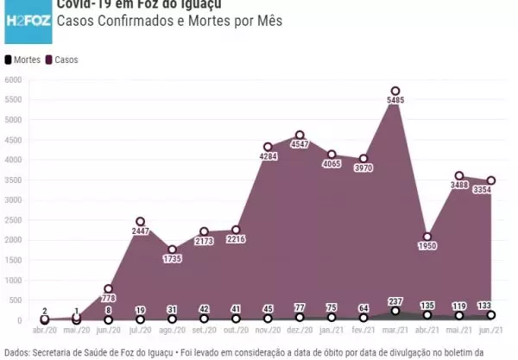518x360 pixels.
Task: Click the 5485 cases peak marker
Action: coord(395,91)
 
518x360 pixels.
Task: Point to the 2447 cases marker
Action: coord(140,221)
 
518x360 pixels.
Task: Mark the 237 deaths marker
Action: coord(395,311)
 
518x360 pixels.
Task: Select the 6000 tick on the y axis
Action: coord(12,79)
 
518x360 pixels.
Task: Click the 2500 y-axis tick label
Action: coord(12,220)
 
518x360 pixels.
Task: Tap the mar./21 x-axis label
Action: coord(395,331)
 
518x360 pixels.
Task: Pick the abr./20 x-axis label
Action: coord(45,331)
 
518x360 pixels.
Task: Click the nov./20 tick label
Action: coord(268,331)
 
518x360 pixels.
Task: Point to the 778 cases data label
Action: coord(108,299)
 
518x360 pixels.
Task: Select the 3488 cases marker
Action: coord(459,176)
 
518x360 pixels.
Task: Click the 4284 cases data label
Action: coord(268,156)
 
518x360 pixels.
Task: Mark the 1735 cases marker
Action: coord(172,249)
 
